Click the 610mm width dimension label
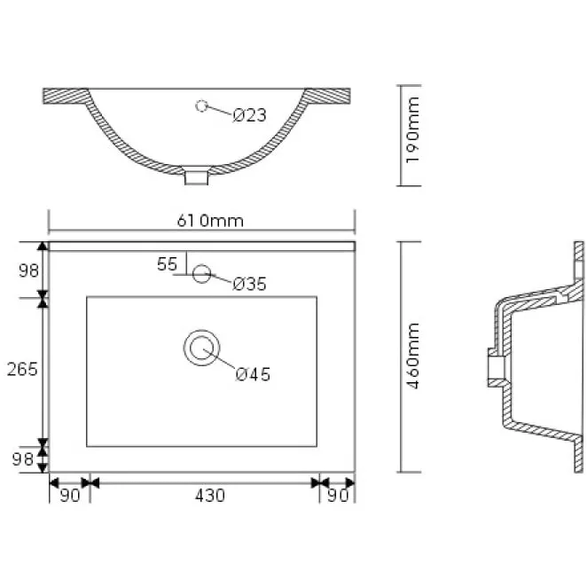(210, 221)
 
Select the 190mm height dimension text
(412, 130)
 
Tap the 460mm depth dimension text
(413, 356)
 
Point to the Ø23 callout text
(249, 115)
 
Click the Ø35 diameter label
(249, 284)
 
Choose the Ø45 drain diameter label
(253, 374)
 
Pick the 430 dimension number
(210, 496)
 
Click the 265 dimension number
(22, 369)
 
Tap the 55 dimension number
(167, 264)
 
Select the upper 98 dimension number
(29, 270)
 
